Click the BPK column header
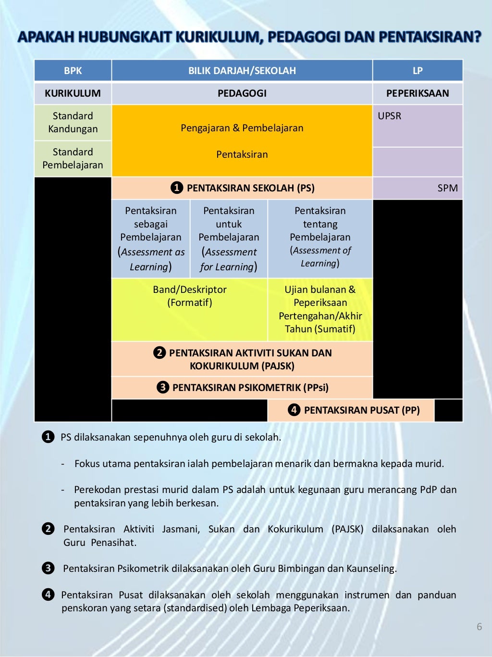click(73, 71)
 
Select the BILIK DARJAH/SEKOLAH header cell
click(242, 71)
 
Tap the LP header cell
click(418, 71)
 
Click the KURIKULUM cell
click(73, 93)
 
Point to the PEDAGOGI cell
click(242, 93)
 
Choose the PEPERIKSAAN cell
click(418, 93)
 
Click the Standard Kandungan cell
click(73, 123)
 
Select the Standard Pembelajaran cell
click(73, 159)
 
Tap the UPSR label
click(389, 116)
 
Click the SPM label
click(447, 188)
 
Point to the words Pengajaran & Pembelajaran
click(242, 128)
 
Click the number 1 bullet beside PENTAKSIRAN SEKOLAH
click(177, 188)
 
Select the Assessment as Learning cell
click(151, 239)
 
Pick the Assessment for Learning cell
click(229, 239)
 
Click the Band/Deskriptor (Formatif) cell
click(189, 296)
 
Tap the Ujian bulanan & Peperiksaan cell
click(320, 309)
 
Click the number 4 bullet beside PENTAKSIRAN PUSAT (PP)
click(294, 410)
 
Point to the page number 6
click(479, 627)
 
